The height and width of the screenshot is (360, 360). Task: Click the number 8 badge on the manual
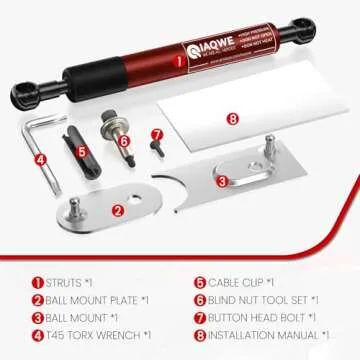pos(232,119)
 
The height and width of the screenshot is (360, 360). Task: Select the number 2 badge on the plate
pos(119,210)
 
